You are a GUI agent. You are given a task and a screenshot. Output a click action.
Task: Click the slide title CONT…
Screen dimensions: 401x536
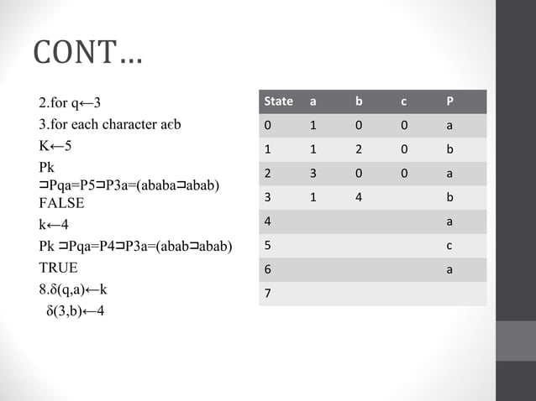(87, 55)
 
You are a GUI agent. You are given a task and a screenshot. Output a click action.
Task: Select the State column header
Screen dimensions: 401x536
(278, 102)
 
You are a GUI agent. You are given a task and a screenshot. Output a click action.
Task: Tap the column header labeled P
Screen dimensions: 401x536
(450, 102)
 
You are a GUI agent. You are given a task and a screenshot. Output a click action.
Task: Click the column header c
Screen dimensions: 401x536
(404, 102)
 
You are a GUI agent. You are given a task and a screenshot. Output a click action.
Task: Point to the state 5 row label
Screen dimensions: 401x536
(267, 247)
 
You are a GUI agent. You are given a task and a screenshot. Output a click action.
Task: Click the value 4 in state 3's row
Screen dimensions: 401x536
(358, 198)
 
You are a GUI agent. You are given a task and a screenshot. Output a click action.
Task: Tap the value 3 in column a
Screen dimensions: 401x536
(313, 174)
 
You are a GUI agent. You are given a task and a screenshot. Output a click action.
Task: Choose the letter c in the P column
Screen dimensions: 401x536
(450, 247)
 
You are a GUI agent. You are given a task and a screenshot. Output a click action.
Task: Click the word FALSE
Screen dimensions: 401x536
(61, 203)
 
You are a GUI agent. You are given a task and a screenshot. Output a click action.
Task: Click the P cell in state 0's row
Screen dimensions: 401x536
(450, 126)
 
